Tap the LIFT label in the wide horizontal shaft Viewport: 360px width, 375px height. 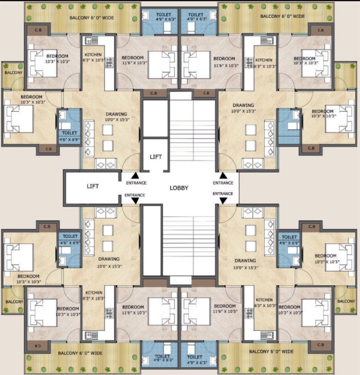click(x=93, y=186)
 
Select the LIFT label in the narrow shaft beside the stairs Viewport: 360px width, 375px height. click(x=155, y=157)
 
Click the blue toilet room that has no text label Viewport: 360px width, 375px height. click(x=290, y=121)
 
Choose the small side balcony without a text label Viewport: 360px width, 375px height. click(x=346, y=76)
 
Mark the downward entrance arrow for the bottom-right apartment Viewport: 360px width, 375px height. click(x=223, y=201)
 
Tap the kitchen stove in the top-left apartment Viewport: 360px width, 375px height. click(x=109, y=62)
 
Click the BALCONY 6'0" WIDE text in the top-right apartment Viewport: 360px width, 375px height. click(x=283, y=16)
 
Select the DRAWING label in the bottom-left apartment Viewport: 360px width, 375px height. click(x=108, y=259)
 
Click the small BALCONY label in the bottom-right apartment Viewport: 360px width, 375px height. click(x=346, y=301)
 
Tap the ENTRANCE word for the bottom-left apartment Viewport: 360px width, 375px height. click(x=135, y=195)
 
